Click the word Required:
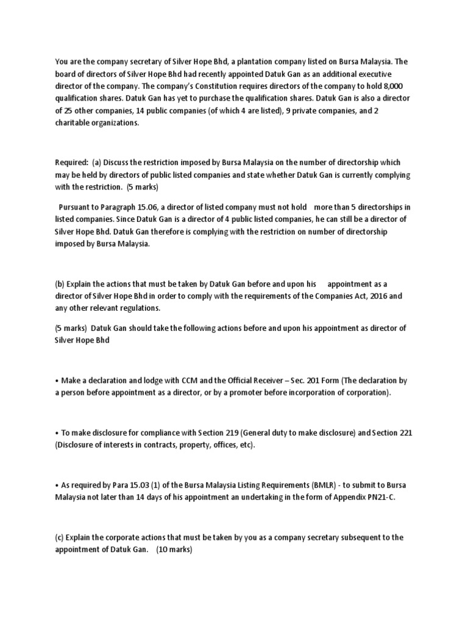[x=71, y=163]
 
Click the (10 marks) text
[x=174, y=549]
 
